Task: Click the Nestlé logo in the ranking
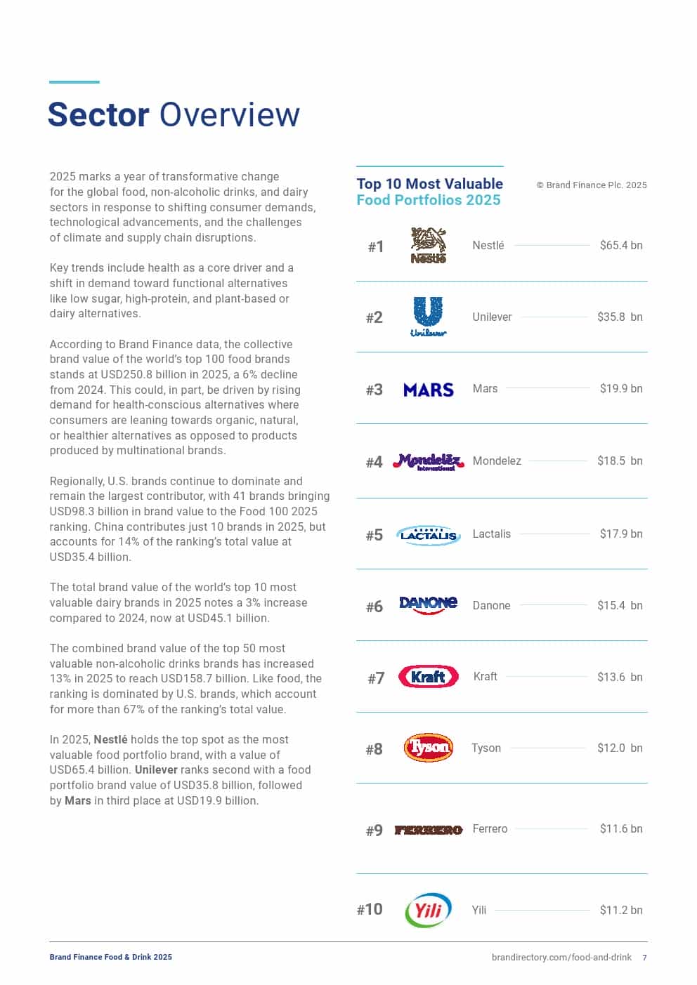(x=428, y=245)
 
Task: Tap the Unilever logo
(x=428, y=317)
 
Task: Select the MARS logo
(x=428, y=390)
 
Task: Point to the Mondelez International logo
(x=428, y=461)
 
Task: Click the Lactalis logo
(x=428, y=535)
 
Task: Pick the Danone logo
(x=428, y=604)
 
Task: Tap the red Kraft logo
(x=428, y=677)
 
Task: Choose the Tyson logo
(x=428, y=748)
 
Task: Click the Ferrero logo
(x=428, y=830)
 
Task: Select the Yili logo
(x=428, y=910)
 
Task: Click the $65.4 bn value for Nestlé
(x=621, y=245)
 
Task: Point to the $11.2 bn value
(x=621, y=910)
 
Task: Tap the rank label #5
(x=374, y=536)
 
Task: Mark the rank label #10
(x=370, y=910)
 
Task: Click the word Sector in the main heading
(x=98, y=114)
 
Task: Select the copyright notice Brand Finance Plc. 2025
(x=592, y=185)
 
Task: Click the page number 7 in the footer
(x=644, y=957)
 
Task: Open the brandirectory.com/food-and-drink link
(x=561, y=957)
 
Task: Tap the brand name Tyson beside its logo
(x=486, y=748)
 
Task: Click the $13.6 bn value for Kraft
(x=620, y=677)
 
